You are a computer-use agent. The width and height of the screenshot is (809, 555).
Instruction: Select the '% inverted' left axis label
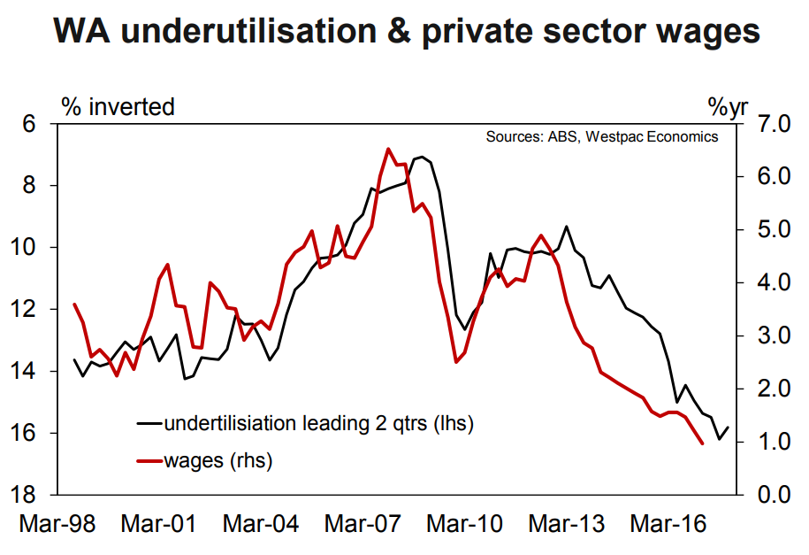(118, 107)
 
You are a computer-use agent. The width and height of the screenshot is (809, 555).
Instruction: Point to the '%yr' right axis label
(729, 107)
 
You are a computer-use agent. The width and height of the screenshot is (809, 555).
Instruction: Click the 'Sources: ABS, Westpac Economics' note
(601, 137)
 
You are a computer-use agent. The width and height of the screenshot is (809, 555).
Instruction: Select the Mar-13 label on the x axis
(567, 524)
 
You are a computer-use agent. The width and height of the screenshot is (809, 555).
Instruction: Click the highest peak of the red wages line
(387, 149)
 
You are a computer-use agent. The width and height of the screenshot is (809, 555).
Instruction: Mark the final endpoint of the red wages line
(702, 443)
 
